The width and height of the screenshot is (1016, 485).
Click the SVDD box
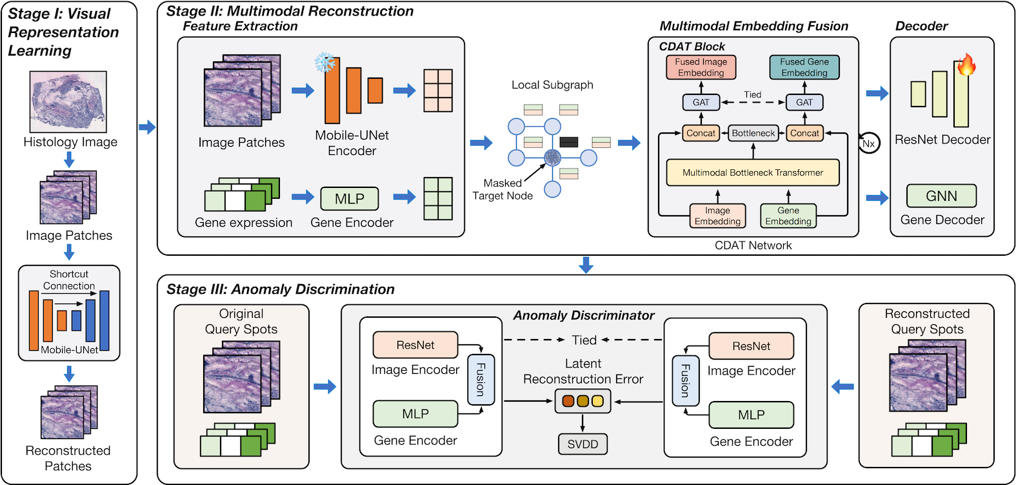583,444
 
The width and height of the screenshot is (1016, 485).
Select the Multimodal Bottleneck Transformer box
753,172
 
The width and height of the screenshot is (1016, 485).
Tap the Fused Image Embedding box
701,67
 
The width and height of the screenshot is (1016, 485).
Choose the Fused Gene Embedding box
804,67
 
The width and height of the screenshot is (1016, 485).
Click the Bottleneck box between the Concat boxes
753,133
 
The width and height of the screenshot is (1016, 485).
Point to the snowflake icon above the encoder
325,63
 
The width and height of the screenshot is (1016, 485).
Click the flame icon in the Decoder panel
966,65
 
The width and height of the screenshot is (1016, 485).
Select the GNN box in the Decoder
941,196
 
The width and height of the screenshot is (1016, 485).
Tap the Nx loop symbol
869,143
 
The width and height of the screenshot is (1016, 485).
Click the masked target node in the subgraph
552,157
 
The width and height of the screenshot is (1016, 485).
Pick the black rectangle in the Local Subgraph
569,142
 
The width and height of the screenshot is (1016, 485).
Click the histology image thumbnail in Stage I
68,102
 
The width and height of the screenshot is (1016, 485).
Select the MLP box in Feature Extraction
350,199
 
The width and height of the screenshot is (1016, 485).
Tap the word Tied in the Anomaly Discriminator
584,340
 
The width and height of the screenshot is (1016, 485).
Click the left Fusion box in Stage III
480,379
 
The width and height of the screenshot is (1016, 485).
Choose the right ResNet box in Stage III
751,346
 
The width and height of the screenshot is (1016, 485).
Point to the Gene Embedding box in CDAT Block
788,216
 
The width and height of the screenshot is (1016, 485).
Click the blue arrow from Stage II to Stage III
586,265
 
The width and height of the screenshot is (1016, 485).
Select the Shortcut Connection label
69,280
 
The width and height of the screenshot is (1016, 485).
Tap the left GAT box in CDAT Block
701,102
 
